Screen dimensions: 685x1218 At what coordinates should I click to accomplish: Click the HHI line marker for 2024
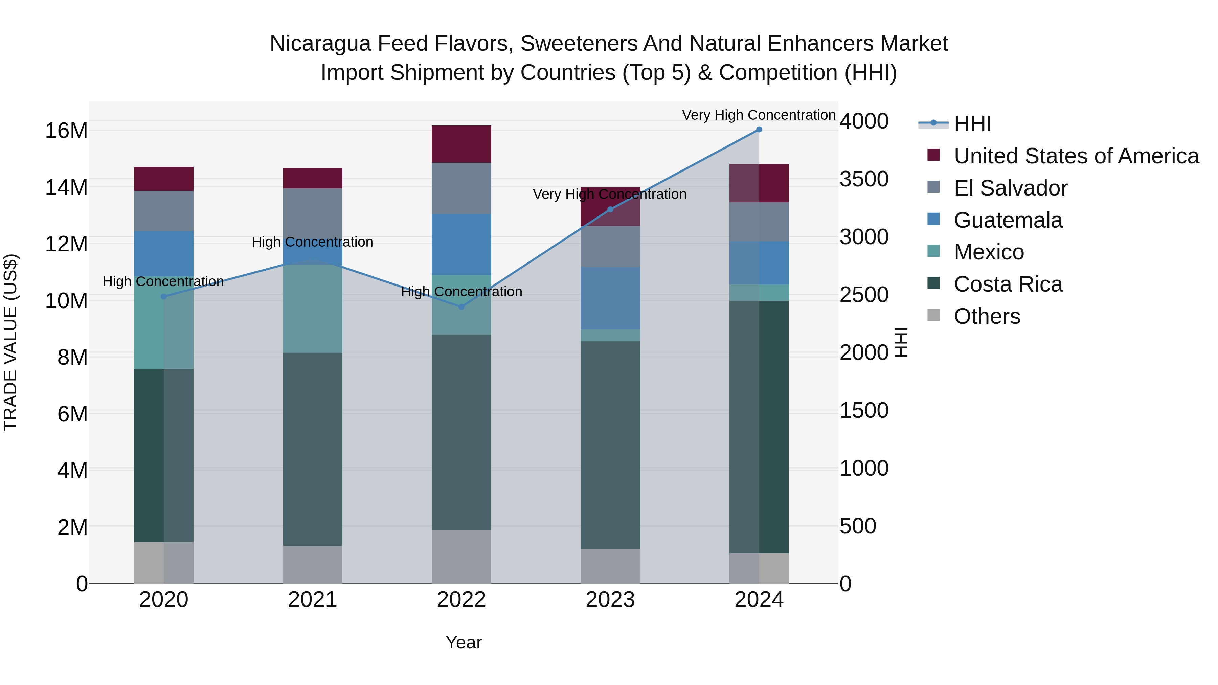pos(759,130)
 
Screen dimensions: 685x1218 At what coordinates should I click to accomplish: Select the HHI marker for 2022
pos(461,307)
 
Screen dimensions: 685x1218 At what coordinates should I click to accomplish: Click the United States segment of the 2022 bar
pos(461,144)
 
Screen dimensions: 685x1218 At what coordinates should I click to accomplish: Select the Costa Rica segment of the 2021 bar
pos(313,449)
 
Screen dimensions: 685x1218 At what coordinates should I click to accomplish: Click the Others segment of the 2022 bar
pos(461,556)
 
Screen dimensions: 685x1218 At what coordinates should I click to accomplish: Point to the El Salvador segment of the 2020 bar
pos(164,211)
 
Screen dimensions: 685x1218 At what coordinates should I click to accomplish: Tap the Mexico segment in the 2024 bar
pos(759,293)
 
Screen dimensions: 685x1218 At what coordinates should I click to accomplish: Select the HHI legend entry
pos(972,124)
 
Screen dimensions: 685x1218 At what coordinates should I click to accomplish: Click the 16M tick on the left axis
pos(66,131)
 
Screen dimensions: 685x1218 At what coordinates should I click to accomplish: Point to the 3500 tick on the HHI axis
pos(864,179)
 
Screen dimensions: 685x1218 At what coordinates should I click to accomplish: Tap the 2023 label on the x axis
pos(610,600)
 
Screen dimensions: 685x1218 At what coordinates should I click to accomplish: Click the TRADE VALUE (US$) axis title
pos(10,342)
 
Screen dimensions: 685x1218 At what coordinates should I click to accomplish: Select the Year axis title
pos(464,642)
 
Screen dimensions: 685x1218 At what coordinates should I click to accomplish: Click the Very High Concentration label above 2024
pos(759,115)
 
